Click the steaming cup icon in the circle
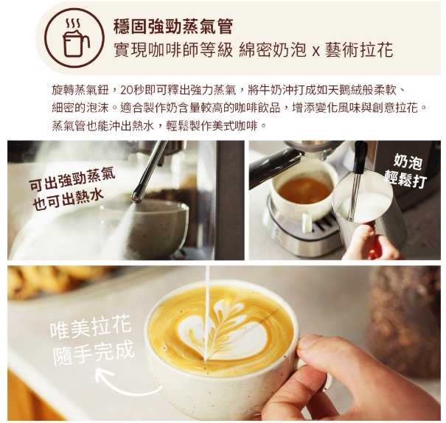[x=75, y=38]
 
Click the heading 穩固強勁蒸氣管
[x=173, y=27]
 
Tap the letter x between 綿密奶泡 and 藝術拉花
[x=316, y=52]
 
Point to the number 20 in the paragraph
[x=127, y=90]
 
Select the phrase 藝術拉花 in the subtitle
[x=359, y=50]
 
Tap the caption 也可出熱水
[x=68, y=200]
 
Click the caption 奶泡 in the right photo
[x=408, y=161]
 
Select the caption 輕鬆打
[x=405, y=178]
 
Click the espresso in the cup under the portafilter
[x=304, y=190]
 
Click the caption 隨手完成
[x=94, y=353]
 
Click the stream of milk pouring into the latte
[x=207, y=312]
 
